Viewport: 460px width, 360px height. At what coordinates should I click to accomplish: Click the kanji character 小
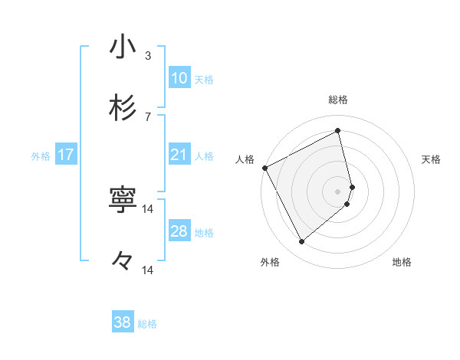coord(123,47)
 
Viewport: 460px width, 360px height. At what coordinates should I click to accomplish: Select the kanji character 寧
coord(123,200)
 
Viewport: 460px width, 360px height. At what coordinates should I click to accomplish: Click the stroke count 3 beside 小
coord(148,55)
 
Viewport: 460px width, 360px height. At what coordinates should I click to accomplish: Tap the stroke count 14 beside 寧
coord(148,208)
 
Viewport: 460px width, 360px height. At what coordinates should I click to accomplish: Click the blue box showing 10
coord(179,78)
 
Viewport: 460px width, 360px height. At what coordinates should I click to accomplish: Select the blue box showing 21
coord(179,155)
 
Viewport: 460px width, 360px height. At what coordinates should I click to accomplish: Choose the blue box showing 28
coord(179,232)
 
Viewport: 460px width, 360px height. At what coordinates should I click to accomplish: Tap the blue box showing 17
coord(66,155)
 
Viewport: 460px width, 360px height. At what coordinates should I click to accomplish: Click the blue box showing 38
coord(123,322)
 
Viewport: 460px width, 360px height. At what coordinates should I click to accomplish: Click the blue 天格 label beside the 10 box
coord(204,80)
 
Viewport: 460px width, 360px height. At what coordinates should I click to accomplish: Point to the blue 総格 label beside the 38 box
coord(147,324)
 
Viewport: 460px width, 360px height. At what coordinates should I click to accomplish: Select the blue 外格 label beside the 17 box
coord(41,156)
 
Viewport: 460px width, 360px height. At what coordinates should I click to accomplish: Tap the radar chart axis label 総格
coord(338,100)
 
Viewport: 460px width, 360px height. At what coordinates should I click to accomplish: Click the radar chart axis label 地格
coord(402,262)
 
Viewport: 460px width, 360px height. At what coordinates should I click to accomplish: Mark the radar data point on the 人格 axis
coord(264,168)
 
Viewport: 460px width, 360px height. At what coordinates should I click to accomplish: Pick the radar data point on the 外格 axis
coord(301,242)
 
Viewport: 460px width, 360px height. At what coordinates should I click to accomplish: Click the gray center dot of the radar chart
coord(338,191)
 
